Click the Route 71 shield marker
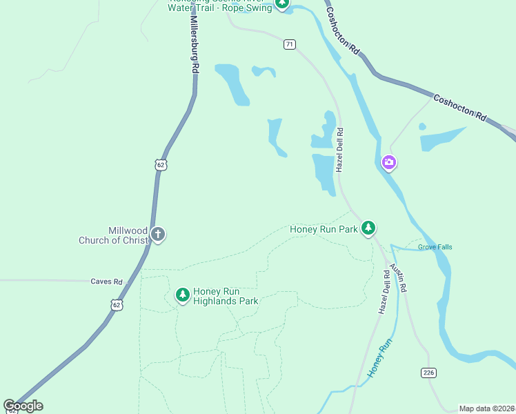pos(290,44)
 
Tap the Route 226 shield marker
pos(428,373)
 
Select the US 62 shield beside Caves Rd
pos(117,304)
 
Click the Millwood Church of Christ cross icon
pos(158,235)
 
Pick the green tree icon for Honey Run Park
pos(368,228)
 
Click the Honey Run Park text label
pos(324,229)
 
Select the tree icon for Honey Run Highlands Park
pos(182,295)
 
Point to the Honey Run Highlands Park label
pos(226,296)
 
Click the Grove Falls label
pos(435,247)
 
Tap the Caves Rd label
pos(106,282)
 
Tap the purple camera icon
pos(389,163)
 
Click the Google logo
pos(23,406)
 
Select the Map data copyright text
pos(487,408)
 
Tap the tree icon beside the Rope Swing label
pos(281,3)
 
